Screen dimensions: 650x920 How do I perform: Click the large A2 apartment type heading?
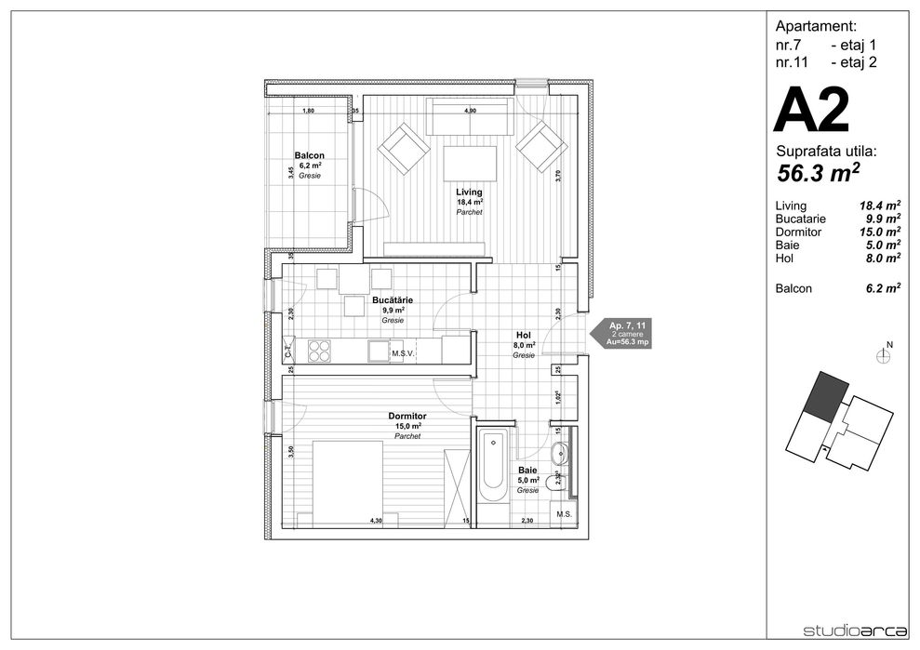click(x=812, y=112)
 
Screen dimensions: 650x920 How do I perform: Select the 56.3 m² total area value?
click(x=818, y=172)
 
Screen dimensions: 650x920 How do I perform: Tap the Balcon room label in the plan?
click(x=309, y=155)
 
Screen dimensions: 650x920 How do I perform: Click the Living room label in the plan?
click(x=469, y=192)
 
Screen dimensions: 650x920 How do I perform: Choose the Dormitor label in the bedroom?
click(x=407, y=416)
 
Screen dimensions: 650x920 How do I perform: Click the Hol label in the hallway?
click(x=523, y=336)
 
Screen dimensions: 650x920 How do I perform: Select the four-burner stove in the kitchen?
click(x=319, y=352)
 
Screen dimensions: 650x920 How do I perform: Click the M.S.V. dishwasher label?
click(x=402, y=353)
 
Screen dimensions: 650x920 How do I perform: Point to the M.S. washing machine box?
click(x=564, y=514)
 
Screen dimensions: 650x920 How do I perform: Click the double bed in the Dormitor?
click(x=346, y=483)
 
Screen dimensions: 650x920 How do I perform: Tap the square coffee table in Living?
click(x=470, y=165)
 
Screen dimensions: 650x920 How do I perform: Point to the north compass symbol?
click(x=883, y=354)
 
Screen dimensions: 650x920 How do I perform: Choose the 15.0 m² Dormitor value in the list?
click(x=879, y=232)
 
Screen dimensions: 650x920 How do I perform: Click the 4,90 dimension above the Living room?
click(x=470, y=111)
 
